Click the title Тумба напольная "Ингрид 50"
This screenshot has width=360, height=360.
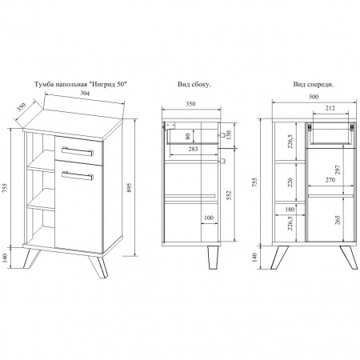(80, 85)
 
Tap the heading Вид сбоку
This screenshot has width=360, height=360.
(194, 85)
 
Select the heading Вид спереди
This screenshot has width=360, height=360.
(314, 85)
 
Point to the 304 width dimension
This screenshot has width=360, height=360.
(85, 93)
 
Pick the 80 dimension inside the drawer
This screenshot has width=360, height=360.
(188, 137)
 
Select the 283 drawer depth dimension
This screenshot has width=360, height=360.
(193, 149)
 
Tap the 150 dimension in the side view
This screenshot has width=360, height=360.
(229, 134)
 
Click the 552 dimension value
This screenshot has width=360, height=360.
(229, 195)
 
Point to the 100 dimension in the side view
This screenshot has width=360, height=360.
(209, 218)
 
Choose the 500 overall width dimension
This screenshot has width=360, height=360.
(314, 97)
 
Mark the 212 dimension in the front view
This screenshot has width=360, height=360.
(330, 108)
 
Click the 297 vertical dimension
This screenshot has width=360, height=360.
(338, 170)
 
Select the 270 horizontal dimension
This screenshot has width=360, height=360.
(330, 180)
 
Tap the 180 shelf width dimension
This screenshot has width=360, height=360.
(290, 210)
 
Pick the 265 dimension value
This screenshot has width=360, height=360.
(338, 220)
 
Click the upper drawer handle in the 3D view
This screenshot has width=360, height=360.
(78, 151)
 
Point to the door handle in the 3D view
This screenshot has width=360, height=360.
(78, 176)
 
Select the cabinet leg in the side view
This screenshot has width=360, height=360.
(213, 258)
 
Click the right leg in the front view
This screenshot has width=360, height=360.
(349, 258)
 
